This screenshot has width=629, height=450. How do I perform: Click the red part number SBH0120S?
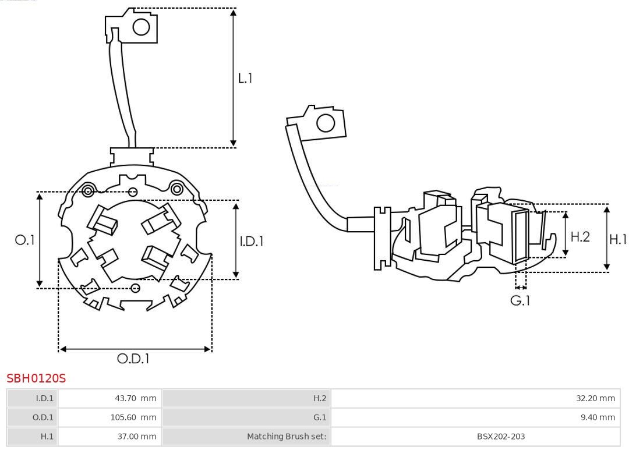(36, 378)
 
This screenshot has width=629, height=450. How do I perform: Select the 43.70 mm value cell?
(109, 398)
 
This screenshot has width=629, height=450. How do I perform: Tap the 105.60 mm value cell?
(109, 417)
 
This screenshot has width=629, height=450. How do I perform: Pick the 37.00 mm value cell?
(109, 437)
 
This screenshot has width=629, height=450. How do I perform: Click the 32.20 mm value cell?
(475, 398)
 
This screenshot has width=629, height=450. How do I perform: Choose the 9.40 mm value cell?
(475, 417)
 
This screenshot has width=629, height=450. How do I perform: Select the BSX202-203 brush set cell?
(475, 437)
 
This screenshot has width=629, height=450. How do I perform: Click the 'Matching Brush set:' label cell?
(246, 437)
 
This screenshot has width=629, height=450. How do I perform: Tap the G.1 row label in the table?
(246, 417)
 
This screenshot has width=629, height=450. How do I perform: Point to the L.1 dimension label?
(245, 78)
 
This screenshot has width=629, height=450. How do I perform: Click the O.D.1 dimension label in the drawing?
(133, 358)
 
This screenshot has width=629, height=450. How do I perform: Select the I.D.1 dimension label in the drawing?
(252, 241)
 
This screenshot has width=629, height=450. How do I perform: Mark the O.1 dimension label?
(25, 240)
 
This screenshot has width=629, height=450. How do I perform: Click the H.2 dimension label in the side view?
(580, 236)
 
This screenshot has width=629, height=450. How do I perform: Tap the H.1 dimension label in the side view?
(618, 239)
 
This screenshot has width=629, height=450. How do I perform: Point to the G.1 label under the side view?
(520, 300)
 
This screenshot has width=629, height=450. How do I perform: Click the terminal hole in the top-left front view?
(141, 27)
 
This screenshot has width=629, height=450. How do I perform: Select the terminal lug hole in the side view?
(326, 123)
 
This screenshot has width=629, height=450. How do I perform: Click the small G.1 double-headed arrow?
(521, 287)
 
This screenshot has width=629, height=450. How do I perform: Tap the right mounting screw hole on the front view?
(176, 189)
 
